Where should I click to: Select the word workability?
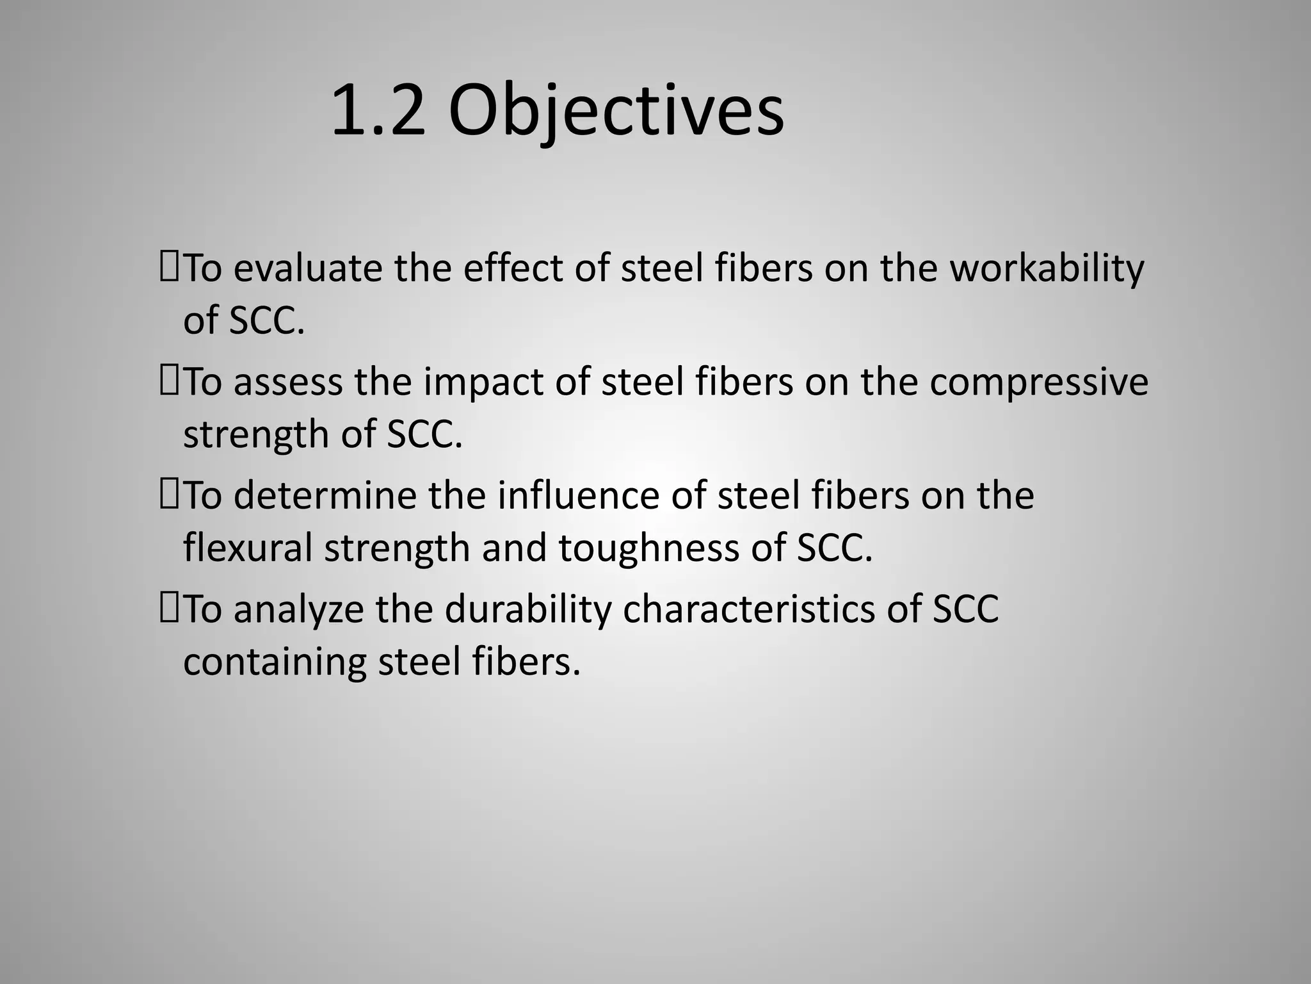1047,268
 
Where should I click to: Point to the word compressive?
1039,382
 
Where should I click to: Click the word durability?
528,609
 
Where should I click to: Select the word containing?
275,662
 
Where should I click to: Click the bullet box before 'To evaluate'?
170,268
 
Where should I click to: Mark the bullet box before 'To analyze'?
170,609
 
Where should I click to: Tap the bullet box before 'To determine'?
170,496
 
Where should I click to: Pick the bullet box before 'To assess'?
170,382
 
